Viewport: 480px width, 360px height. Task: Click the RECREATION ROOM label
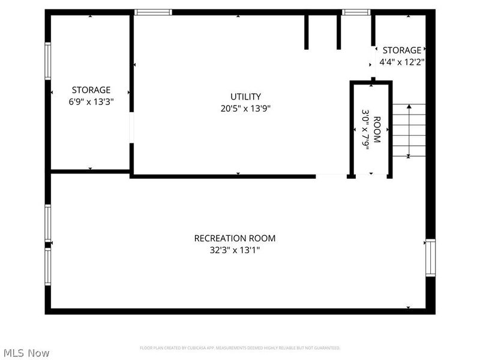[x=235, y=238]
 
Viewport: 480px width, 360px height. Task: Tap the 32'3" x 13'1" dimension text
[x=235, y=250]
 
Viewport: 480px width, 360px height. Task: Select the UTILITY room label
[x=245, y=97]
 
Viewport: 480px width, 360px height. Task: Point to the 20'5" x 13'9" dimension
[x=245, y=109]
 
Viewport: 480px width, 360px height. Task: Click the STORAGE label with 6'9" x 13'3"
[x=91, y=90]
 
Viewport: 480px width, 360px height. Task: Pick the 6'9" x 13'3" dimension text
[x=91, y=101]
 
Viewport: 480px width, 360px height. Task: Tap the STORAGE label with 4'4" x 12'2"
[x=401, y=50]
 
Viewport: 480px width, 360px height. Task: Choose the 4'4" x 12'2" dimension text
[x=401, y=62]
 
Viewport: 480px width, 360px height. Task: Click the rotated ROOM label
[x=377, y=129]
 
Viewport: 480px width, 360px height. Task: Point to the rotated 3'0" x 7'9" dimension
[x=365, y=129]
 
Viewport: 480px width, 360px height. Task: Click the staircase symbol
[x=409, y=130]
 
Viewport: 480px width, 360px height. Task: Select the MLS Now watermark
[x=26, y=353]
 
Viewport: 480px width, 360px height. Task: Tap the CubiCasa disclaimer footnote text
[x=240, y=348]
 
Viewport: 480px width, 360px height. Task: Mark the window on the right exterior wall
[x=430, y=257]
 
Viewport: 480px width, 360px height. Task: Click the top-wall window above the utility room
[x=153, y=12]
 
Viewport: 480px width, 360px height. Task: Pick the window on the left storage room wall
[x=48, y=61]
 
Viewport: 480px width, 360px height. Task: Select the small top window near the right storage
[x=356, y=12]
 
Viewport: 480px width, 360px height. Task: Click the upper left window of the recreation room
[x=48, y=223]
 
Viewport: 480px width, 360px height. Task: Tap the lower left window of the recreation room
[x=48, y=267]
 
